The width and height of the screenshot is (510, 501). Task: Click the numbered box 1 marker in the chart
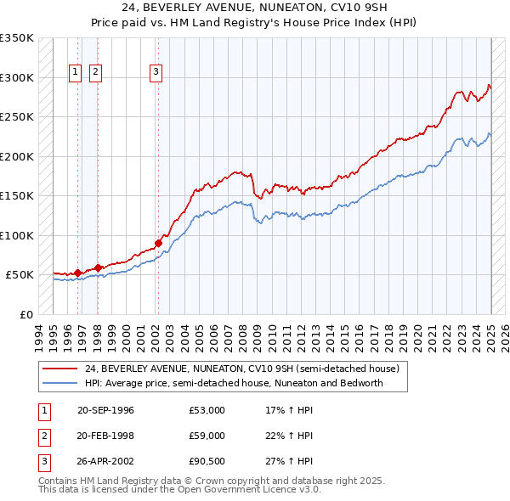pos(76,73)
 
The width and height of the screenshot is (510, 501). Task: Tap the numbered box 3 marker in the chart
pos(156,73)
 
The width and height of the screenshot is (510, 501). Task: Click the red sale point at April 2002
pos(158,243)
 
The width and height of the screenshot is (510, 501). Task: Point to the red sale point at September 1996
pos(77,273)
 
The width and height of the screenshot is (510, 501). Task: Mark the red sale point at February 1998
pos(98,267)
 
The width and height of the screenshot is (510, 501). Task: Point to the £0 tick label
pos(26,314)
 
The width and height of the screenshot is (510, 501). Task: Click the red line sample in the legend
pos(59,369)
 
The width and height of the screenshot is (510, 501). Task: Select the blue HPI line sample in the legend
pos(59,383)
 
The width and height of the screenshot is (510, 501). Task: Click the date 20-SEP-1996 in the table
pos(105,410)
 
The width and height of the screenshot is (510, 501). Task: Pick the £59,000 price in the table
pos(207,436)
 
